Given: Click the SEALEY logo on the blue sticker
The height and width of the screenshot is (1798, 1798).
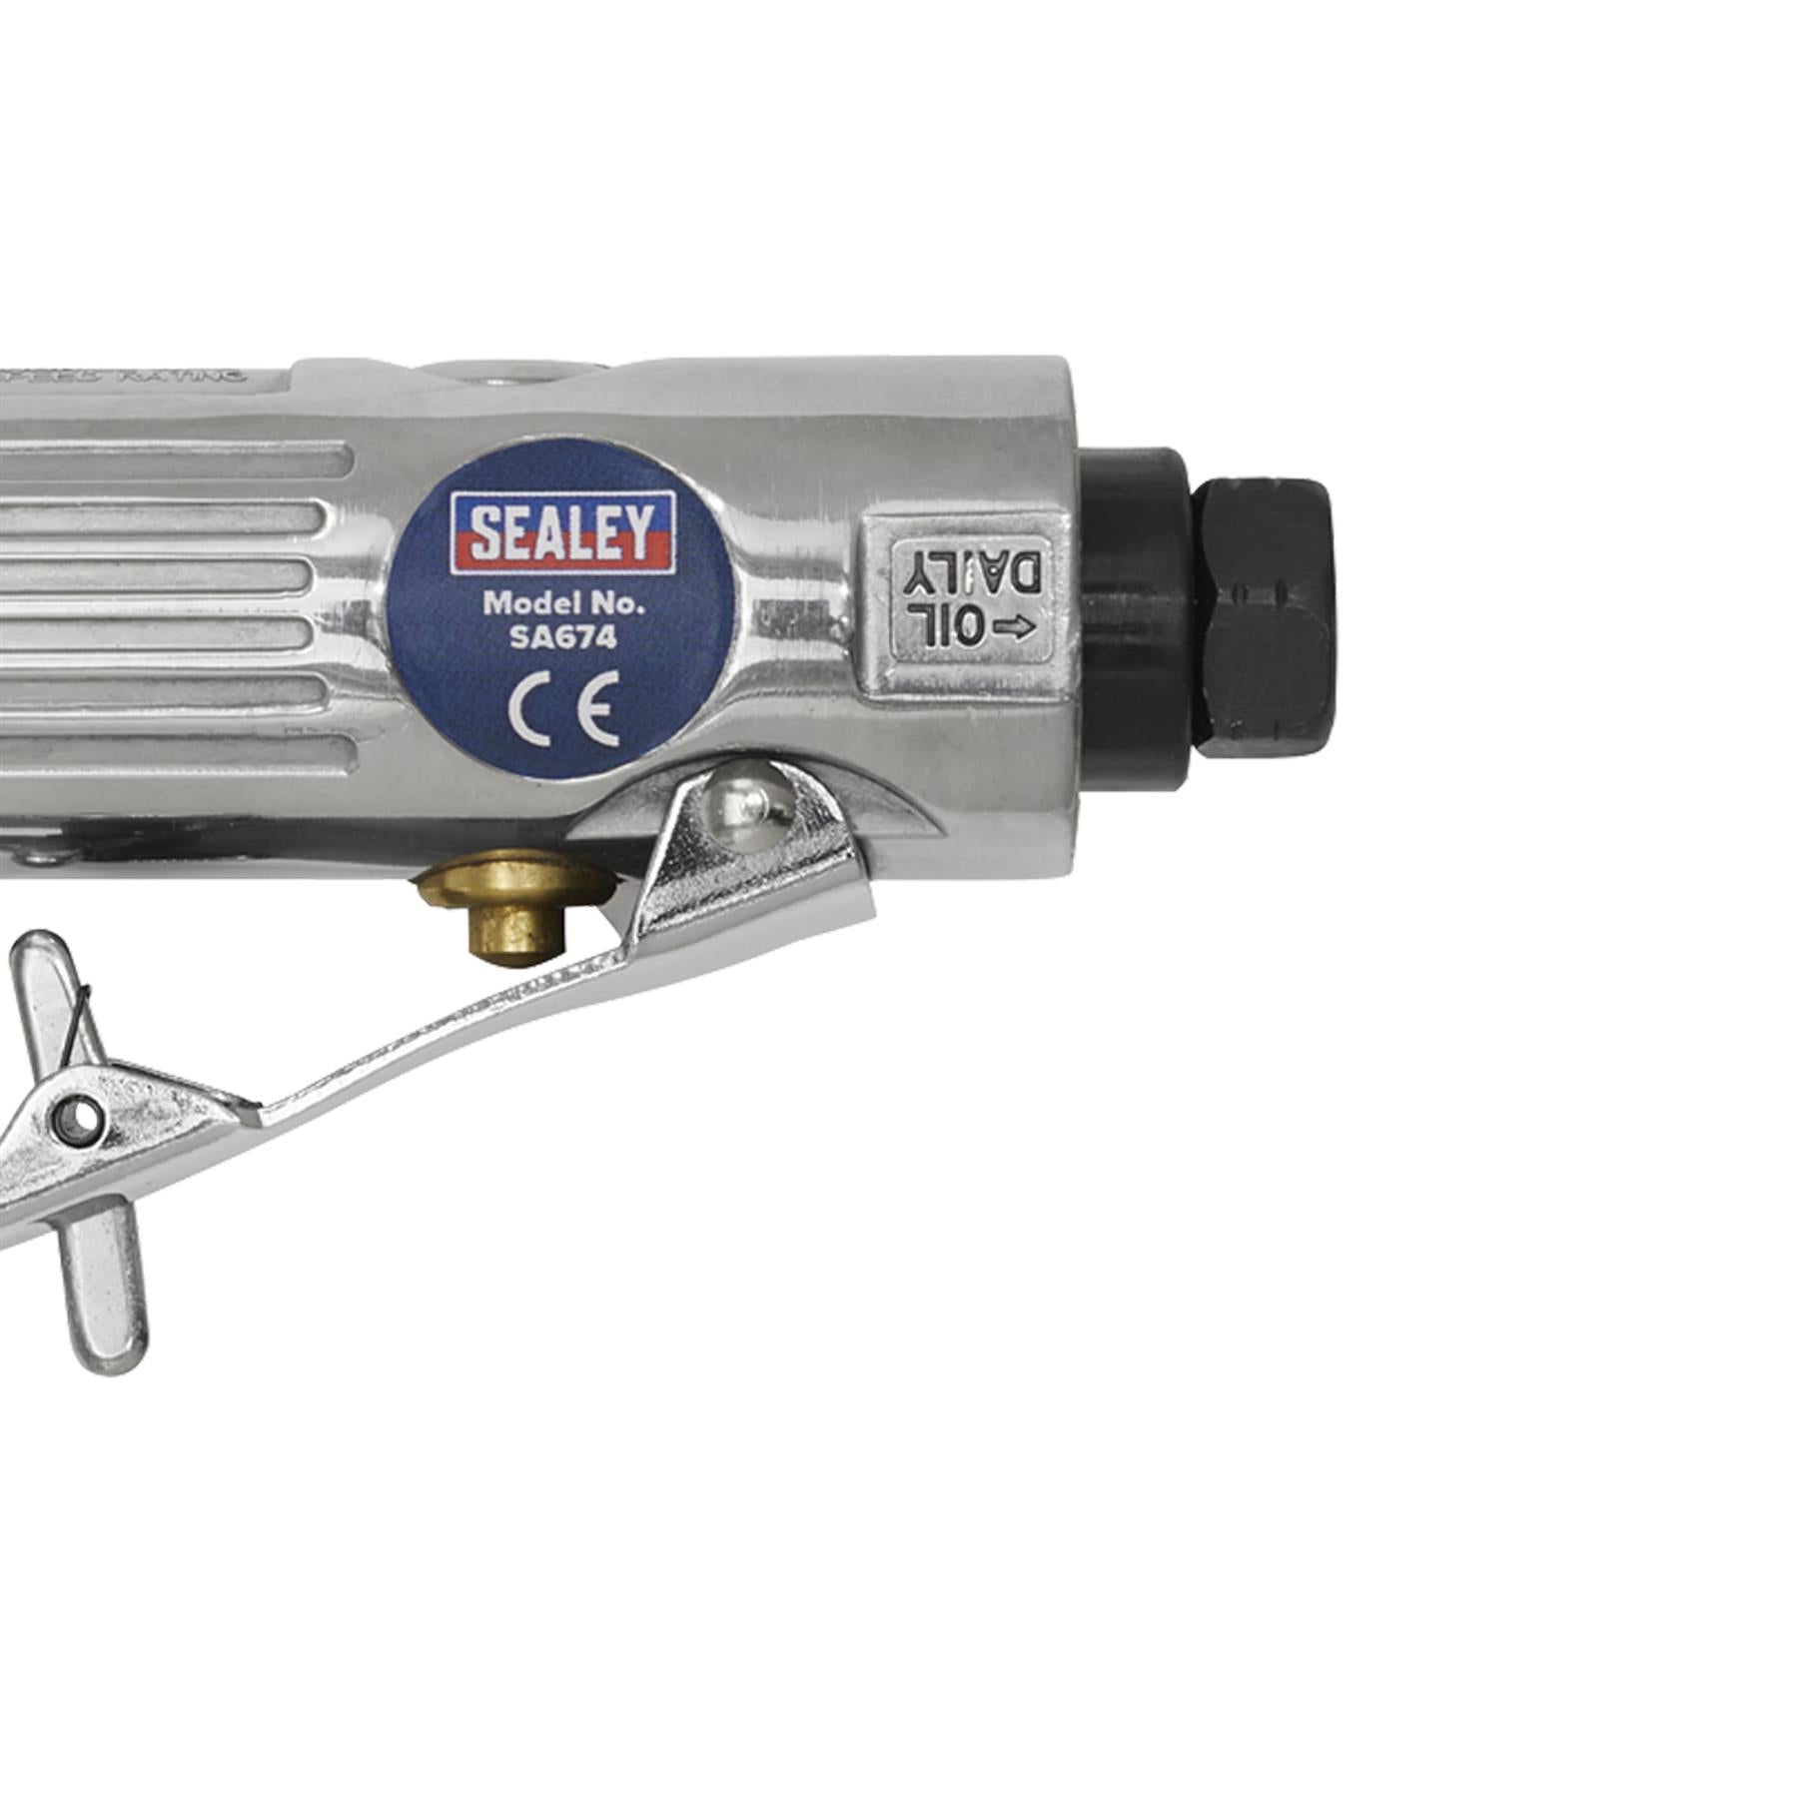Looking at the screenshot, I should [x=562, y=531].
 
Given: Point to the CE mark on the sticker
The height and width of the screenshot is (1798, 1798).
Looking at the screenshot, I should [x=562, y=708].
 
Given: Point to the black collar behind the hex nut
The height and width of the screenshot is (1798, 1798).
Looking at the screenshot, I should [x=1134, y=599].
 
